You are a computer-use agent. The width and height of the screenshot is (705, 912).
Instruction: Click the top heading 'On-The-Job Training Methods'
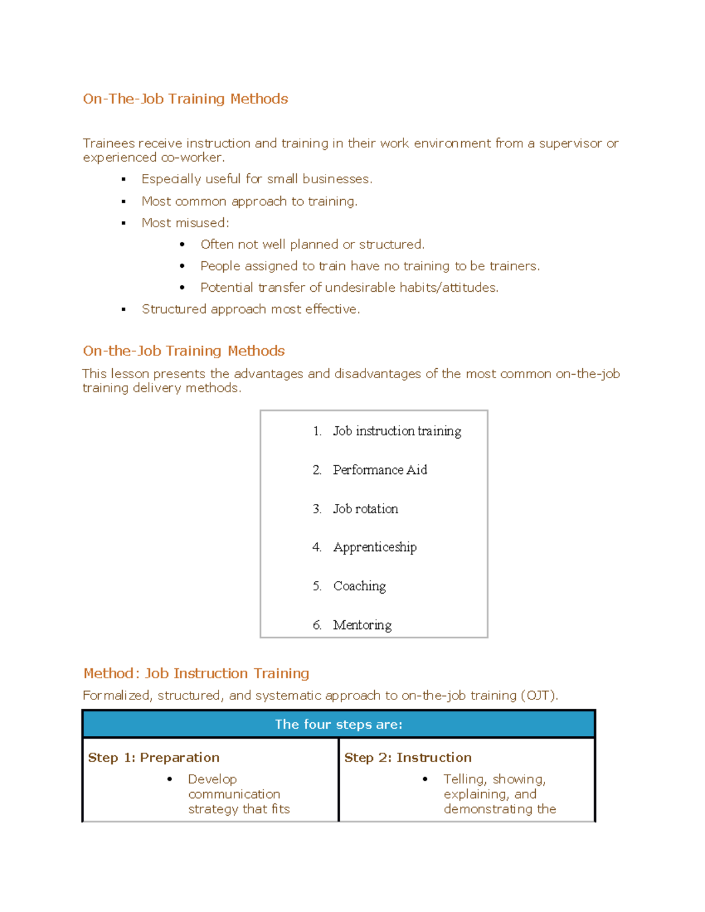coord(185,99)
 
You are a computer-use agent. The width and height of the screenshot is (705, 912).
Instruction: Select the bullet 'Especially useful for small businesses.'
coord(257,179)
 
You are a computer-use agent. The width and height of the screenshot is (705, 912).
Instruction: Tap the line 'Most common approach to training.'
coord(249,201)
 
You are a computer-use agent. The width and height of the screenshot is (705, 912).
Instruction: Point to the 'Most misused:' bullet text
coord(185,223)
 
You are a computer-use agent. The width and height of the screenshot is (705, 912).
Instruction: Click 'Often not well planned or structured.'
coord(312,244)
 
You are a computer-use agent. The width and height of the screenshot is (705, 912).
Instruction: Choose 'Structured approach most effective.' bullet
coord(250,309)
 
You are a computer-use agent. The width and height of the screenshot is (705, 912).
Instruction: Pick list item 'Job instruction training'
coord(397,431)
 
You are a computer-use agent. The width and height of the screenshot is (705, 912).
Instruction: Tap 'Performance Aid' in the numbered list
coord(380,470)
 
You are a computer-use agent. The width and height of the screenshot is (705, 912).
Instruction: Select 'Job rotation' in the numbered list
coord(365,509)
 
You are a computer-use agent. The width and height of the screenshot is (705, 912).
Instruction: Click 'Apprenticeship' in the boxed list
coord(374,547)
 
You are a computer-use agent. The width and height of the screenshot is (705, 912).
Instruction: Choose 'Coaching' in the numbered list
coord(359,586)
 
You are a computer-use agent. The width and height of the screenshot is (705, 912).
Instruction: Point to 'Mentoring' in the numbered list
coord(362,625)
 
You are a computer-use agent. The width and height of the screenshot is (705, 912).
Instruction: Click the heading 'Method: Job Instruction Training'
coord(196,674)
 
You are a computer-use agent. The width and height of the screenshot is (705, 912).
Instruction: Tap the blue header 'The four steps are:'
coord(338,725)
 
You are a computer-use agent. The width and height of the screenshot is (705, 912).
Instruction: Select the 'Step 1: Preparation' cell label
coord(153,758)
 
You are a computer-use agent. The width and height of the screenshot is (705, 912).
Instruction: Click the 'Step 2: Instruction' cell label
coord(408,758)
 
